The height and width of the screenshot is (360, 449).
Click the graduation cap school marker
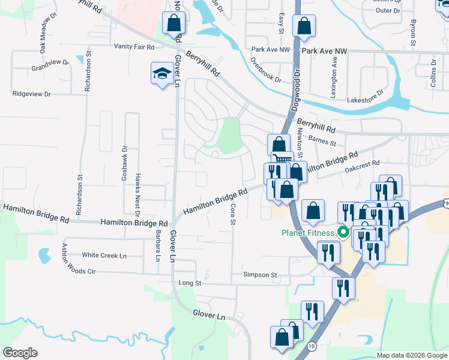tap(161, 74)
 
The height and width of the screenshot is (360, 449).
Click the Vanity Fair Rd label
tap(134, 47)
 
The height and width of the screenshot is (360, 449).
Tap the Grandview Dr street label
tap(50, 62)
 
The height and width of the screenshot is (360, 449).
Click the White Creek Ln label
tap(104, 256)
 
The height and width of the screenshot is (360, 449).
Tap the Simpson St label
tap(260, 274)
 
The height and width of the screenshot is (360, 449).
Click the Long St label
tap(188, 282)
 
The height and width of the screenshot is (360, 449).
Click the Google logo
tap(20, 353)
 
